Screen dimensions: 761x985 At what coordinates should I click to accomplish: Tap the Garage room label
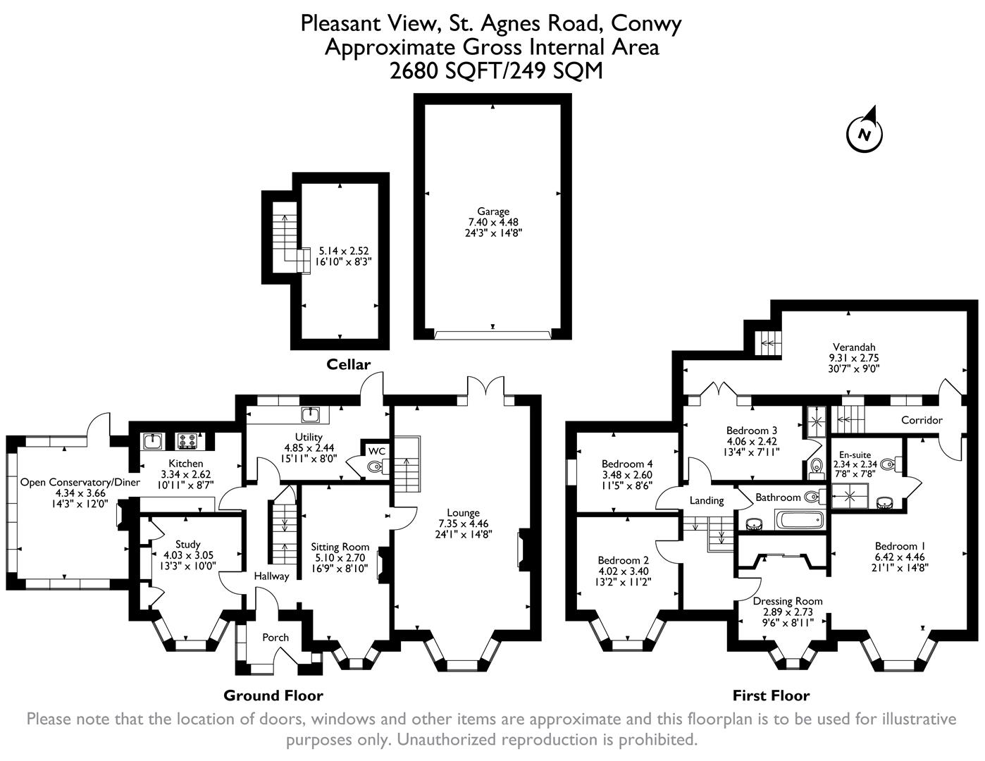click(492, 211)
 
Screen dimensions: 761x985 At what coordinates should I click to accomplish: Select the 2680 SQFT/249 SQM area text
click(492, 71)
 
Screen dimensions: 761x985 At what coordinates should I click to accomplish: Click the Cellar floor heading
click(348, 364)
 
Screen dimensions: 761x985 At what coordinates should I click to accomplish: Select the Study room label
click(187, 544)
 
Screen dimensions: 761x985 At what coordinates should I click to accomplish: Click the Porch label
click(275, 638)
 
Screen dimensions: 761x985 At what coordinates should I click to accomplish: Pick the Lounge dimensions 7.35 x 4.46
click(463, 524)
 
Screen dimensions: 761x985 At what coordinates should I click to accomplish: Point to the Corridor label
click(922, 420)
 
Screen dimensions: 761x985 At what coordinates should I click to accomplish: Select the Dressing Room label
click(788, 601)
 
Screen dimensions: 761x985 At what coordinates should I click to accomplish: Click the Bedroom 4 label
click(627, 464)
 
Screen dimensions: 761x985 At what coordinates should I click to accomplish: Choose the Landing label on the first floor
click(706, 500)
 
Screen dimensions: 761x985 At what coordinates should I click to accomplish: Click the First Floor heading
click(771, 696)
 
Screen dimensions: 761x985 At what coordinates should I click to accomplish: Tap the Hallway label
click(271, 576)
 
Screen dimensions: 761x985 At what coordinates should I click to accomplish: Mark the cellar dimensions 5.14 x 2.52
click(344, 251)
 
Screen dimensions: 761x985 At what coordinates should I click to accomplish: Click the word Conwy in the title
click(646, 24)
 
